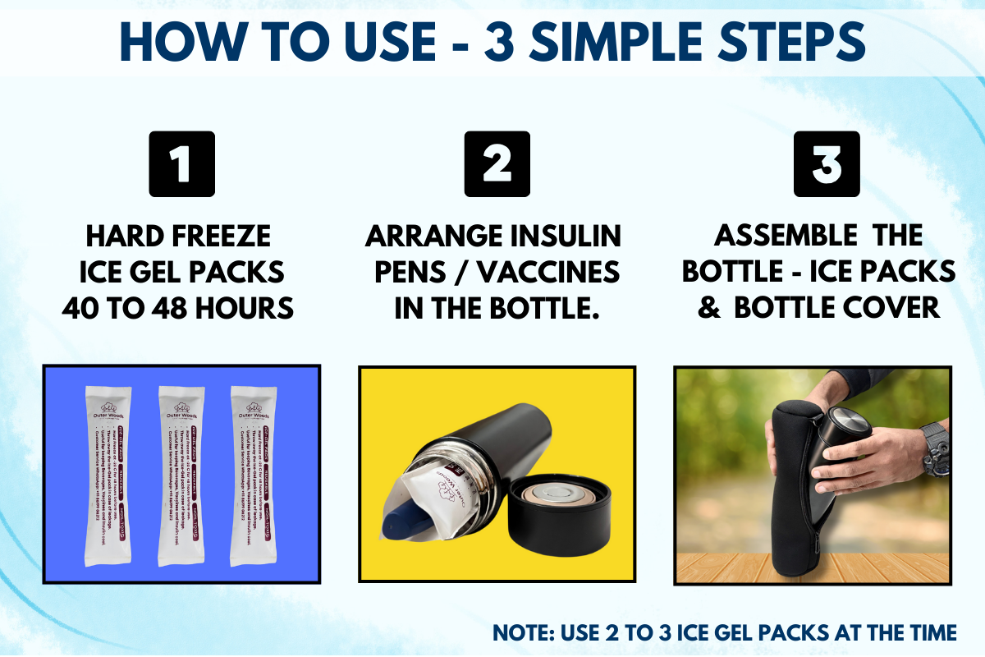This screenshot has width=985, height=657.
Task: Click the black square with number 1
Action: pos(181,164)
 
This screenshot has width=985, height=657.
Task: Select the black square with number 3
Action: pos(827,164)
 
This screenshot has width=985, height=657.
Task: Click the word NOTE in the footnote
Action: pos(523,633)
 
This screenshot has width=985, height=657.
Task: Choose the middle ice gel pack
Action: pos(182,476)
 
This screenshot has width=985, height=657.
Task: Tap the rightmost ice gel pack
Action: pos(255,476)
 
